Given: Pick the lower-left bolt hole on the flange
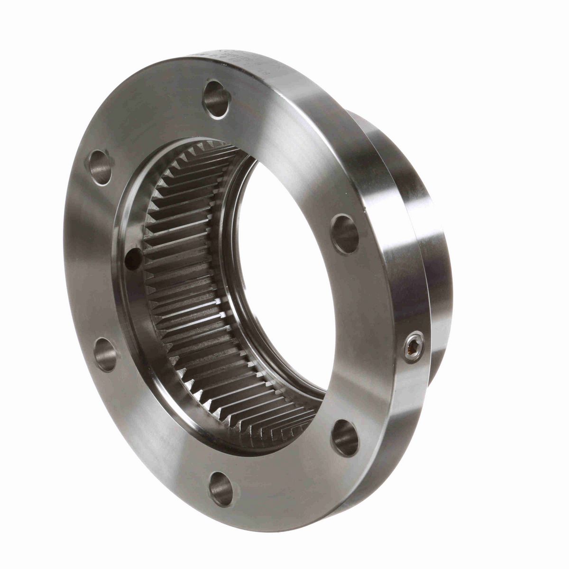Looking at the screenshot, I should coord(105,354).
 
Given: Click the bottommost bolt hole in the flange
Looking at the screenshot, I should coord(221,487).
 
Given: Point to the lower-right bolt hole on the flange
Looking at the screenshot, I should coord(345,437).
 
